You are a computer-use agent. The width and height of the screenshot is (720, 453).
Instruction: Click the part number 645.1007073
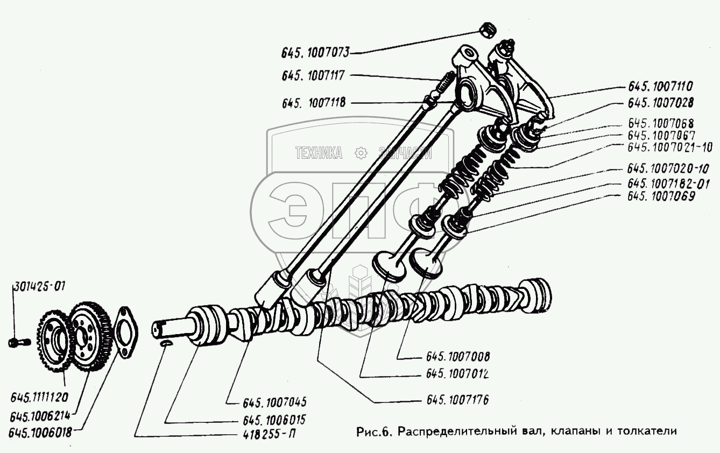(x=315, y=53)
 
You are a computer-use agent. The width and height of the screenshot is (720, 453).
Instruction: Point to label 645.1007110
(x=660, y=87)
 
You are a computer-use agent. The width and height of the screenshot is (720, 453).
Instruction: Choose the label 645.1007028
(x=660, y=102)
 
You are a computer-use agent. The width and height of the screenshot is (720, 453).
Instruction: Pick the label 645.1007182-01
(x=668, y=184)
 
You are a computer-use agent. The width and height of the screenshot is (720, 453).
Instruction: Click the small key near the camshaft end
(x=166, y=344)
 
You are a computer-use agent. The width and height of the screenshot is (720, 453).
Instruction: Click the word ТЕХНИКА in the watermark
(x=319, y=153)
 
